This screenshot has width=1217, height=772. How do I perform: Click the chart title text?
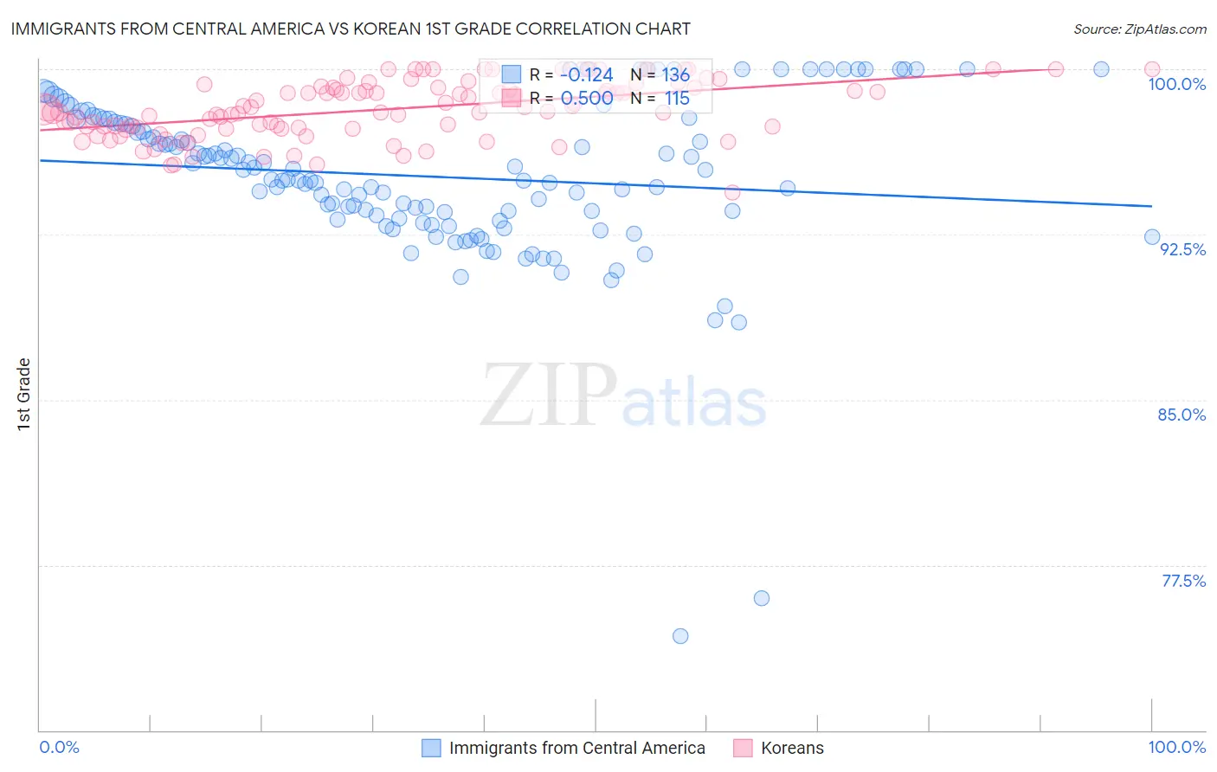(x=351, y=29)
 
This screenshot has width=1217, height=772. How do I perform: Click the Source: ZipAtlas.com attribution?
(x=1139, y=29)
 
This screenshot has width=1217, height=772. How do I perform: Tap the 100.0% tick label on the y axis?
(x=1176, y=84)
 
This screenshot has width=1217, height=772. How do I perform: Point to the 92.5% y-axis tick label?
(x=1182, y=249)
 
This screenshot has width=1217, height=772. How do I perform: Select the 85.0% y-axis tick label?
(x=1182, y=415)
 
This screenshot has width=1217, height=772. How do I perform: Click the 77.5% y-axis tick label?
(x=1183, y=581)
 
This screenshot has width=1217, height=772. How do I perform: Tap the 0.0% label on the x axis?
(x=59, y=747)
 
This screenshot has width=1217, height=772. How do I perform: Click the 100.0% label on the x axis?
(x=1176, y=747)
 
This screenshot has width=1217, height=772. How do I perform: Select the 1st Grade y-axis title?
(x=24, y=394)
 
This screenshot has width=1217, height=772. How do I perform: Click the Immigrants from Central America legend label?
(x=576, y=748)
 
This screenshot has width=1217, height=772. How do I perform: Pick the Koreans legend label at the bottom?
(x=792, y=748)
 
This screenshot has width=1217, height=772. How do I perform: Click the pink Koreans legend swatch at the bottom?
(x=743, y=748)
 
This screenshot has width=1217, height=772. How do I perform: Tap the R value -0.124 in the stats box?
(x=586, y=75)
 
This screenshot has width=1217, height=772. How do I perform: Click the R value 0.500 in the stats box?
(x=586, y=99)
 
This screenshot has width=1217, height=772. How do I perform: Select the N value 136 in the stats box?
(x=676, y=75)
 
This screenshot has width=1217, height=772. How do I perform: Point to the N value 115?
(x=677, y=99)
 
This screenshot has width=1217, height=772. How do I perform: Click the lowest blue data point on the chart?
(x=680, y=636)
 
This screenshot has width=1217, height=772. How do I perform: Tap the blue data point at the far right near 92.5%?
(x=1152, y=237)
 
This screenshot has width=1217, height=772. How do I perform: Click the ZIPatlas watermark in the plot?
(x=623, y=396)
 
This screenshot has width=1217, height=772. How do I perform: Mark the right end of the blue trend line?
(x=1151, y=206)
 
